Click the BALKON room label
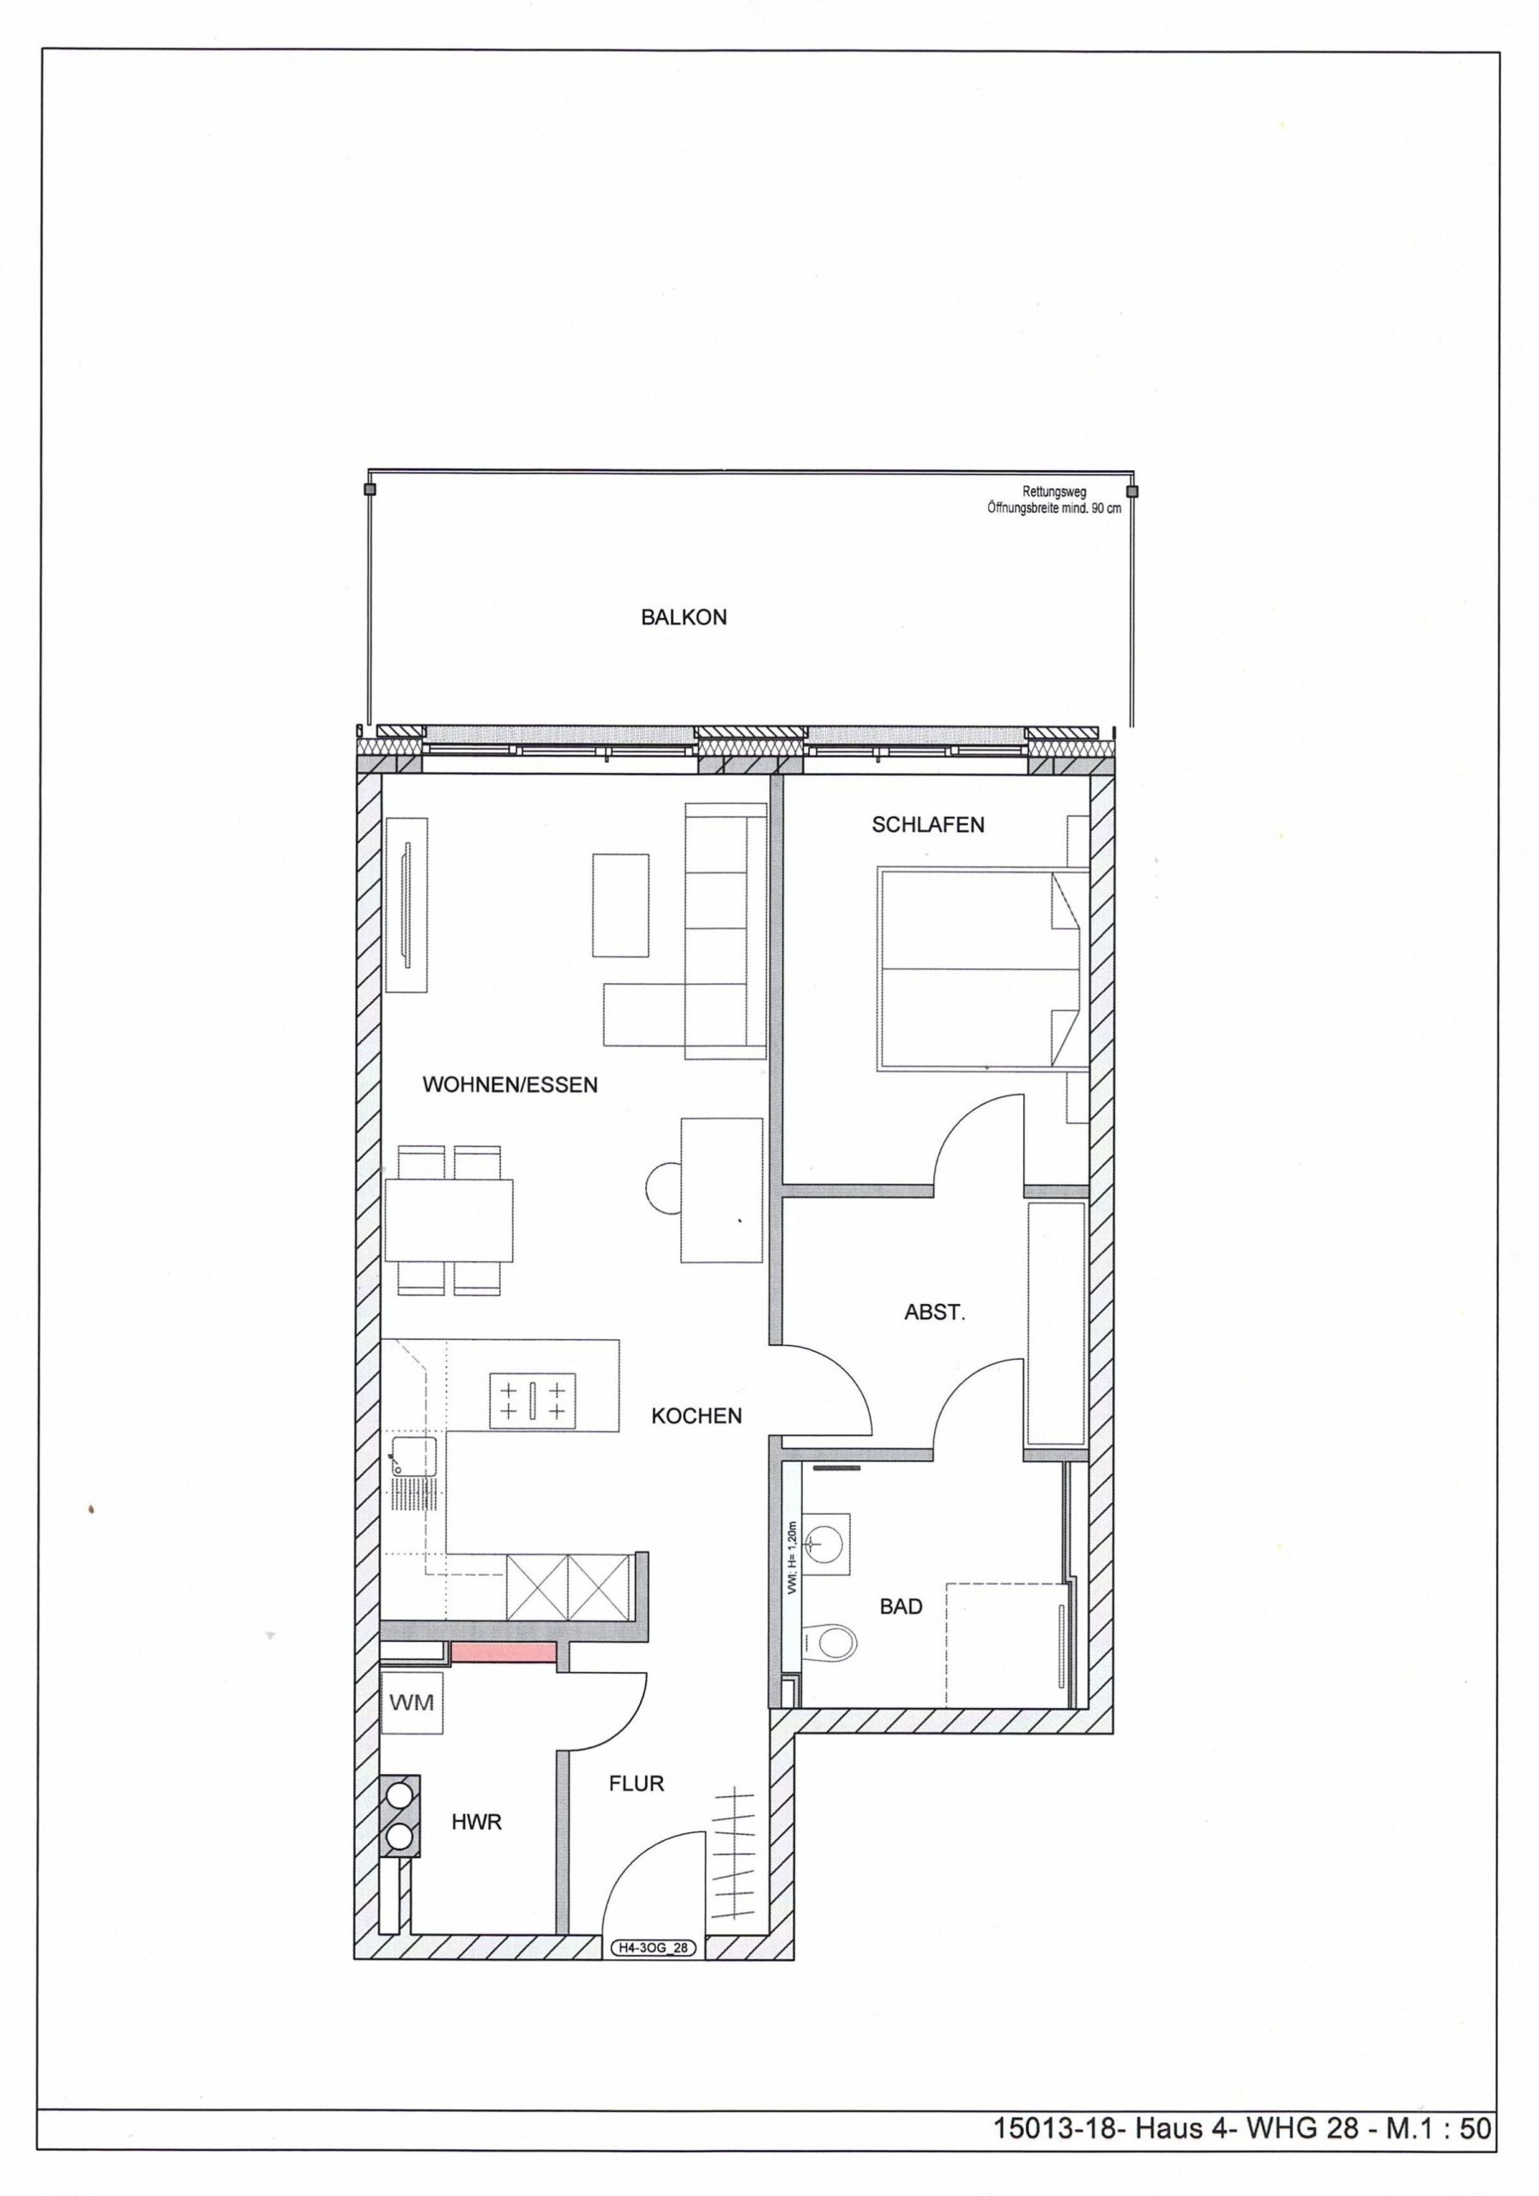click(683, 618)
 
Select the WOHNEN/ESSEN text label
click(510, 1084)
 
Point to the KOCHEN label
click(697, 1416)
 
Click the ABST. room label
click(934, 1312)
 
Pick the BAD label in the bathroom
click(901, 1607)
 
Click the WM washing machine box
click(413, 1702)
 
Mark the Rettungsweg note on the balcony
click(1054, 500)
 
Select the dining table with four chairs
click(449, 1220)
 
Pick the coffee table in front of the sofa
click(621, 905)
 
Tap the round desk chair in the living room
click(664, 1189)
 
